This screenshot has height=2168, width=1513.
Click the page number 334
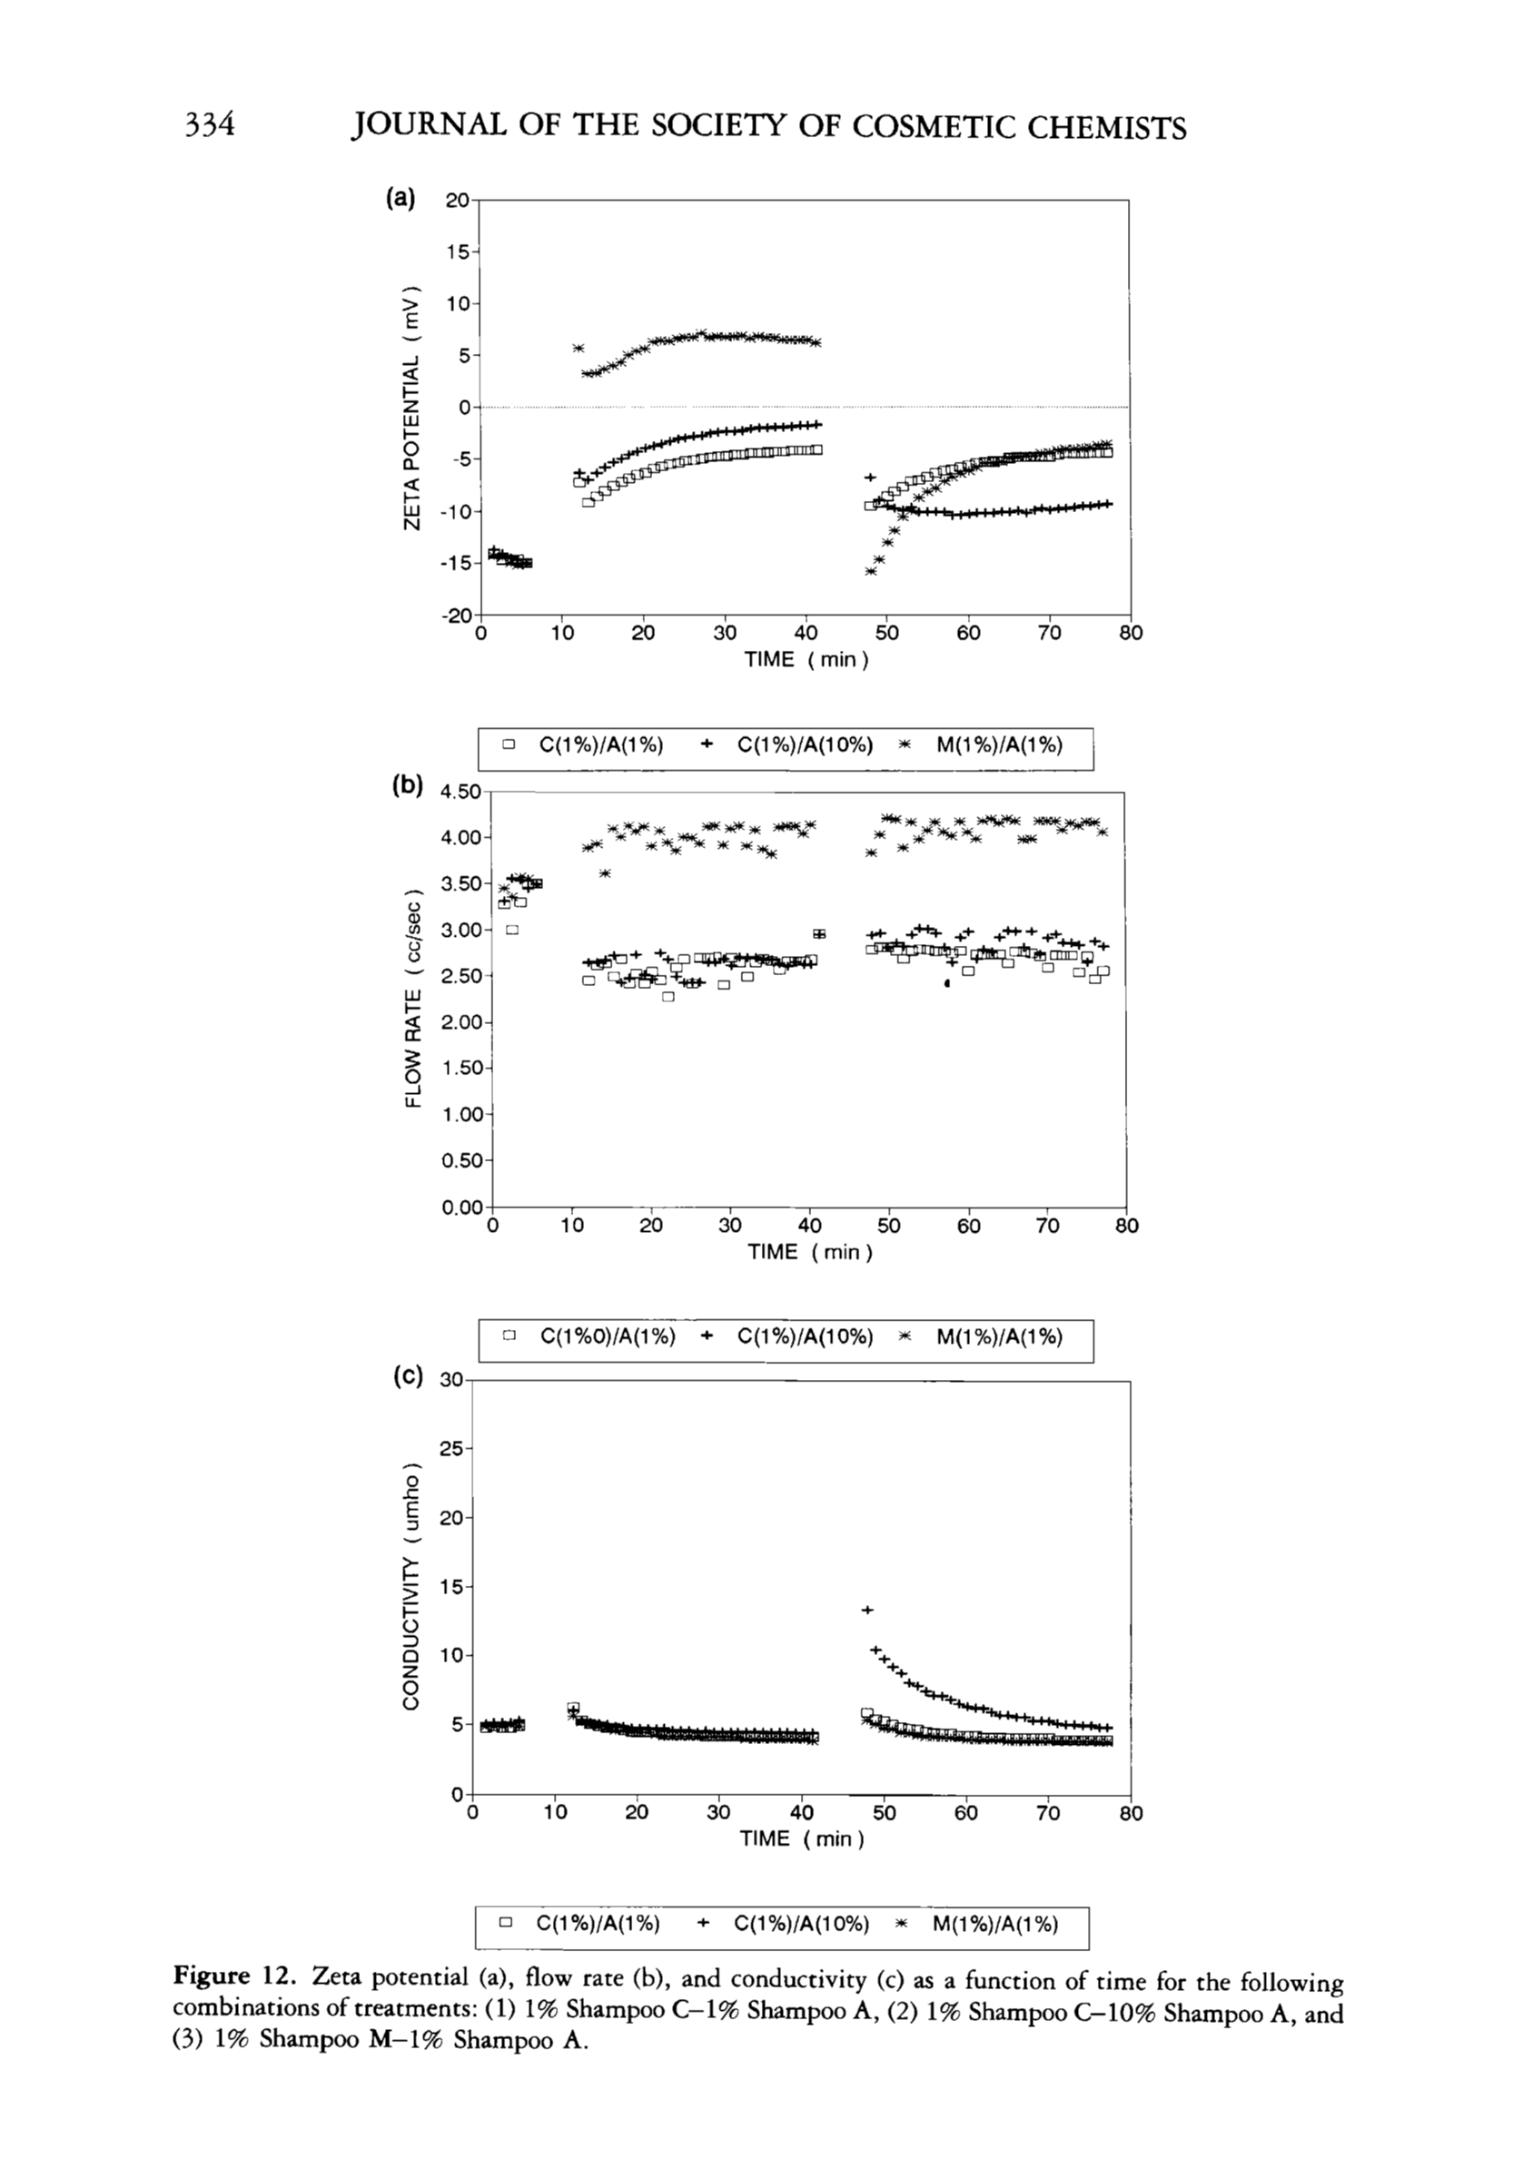pos(209,124)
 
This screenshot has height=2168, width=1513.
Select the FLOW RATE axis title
pos(411,998)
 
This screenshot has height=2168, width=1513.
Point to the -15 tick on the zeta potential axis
pos(456,563)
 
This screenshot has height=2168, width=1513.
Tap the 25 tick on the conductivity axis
pos(451,1448)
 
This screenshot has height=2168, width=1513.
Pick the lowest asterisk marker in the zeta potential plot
pos(871,570)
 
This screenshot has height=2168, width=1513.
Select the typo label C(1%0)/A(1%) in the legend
pos(608,1337)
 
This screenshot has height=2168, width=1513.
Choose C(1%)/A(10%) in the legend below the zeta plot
pos(805,746)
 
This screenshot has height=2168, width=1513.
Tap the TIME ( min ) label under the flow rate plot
pos(809,1252)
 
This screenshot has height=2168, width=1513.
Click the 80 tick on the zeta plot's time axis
pos(1130,634)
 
